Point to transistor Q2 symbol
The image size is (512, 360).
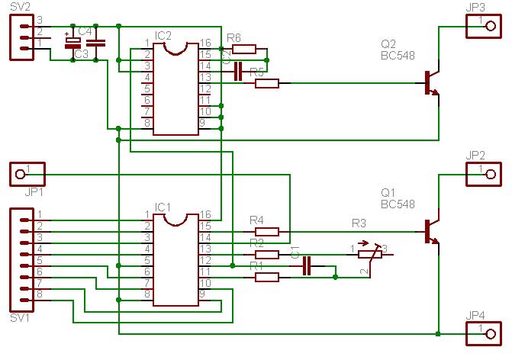(x=431, y=84)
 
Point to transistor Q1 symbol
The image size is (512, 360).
(x=431, y=231)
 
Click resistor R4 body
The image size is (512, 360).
(x=266, y=231)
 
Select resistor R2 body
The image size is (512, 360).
(x=266, y=254)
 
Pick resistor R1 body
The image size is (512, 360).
(x=266, y=278)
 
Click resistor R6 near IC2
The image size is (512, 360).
(x=243, y=49)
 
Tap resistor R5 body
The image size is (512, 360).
(x=266, y=84)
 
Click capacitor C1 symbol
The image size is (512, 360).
(x=307, y=265)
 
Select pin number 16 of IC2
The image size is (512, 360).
(x=204, y=43)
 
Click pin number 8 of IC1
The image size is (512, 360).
(x=147, y=294)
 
